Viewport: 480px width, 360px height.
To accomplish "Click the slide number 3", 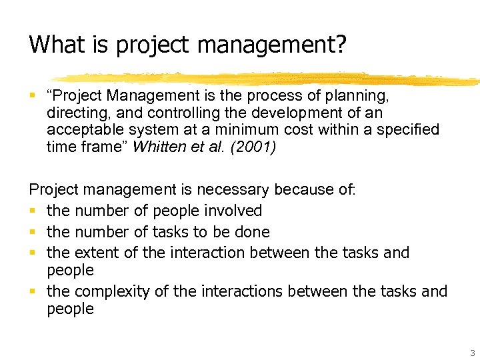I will coord(473,353).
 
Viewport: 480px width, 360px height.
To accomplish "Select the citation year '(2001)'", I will coord(260,147).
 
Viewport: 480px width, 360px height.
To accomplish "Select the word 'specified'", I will coord(407,130).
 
